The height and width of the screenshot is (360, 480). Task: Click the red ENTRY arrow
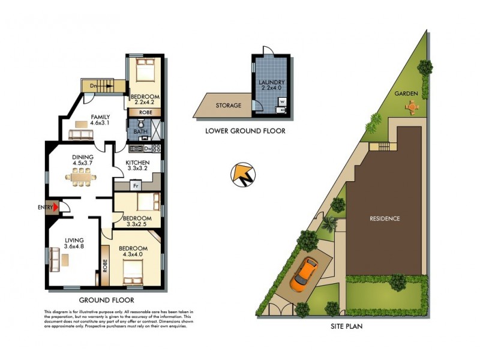tap(56, 208)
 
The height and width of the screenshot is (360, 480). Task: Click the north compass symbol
tap(243, 176)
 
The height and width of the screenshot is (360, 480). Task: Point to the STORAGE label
tap(228, 106)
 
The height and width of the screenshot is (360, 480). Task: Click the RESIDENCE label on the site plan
tap(385, 218)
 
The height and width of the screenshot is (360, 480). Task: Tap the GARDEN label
tap(406, 94)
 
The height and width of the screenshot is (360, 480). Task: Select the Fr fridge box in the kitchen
tap(136, 185)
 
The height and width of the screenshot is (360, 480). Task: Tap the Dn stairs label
tap(93, 86)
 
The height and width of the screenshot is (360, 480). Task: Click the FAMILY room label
tap(99, 117)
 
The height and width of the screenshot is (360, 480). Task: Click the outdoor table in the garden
tap(412, 106)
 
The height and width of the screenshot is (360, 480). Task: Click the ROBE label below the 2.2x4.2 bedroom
tap(145, 112)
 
